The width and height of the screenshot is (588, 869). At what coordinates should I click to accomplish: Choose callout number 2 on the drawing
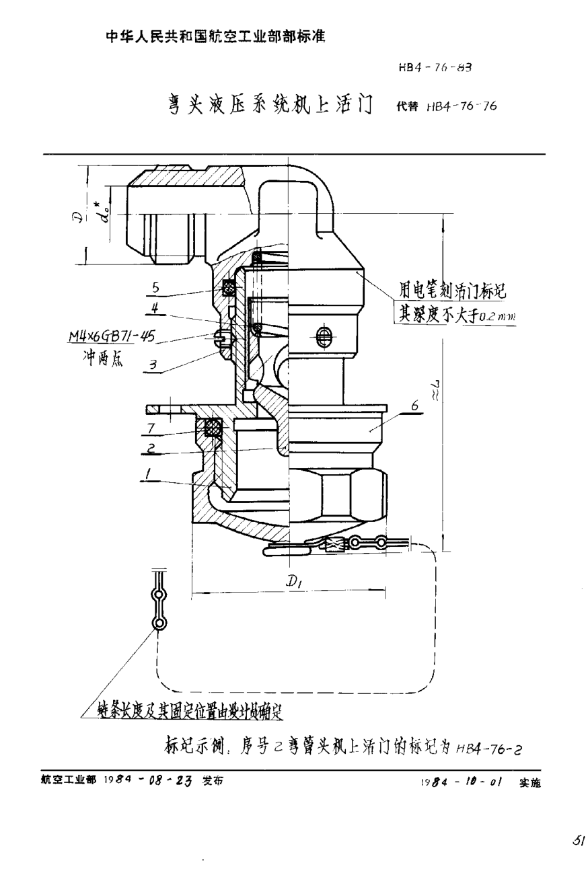tap(151, 447)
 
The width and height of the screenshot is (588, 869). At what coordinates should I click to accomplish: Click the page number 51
tap(577, 840)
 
